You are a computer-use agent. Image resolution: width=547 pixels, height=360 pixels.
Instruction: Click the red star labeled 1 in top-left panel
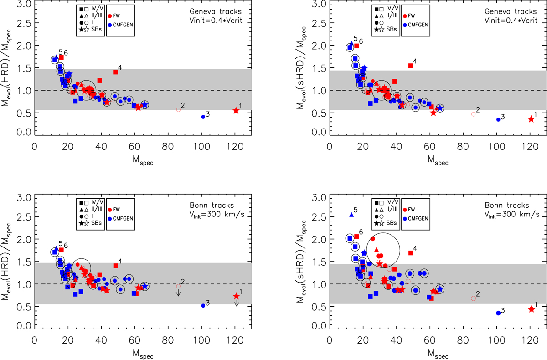point(236,110)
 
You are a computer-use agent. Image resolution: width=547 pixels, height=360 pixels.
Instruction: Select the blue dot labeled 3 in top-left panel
point(203,117)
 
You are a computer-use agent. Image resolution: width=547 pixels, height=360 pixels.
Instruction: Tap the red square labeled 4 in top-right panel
point(410,66)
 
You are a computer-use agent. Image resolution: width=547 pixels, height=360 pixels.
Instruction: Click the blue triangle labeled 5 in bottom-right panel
point(351,214)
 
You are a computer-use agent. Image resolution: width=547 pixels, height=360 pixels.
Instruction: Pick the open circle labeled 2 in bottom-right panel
point(473,298)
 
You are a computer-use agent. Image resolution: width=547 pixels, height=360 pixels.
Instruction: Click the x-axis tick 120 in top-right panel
point(530,148)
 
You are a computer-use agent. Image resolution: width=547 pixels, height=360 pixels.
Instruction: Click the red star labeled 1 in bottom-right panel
point(531,309)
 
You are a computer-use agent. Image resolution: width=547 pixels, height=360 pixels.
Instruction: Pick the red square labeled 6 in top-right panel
point(356,46)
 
